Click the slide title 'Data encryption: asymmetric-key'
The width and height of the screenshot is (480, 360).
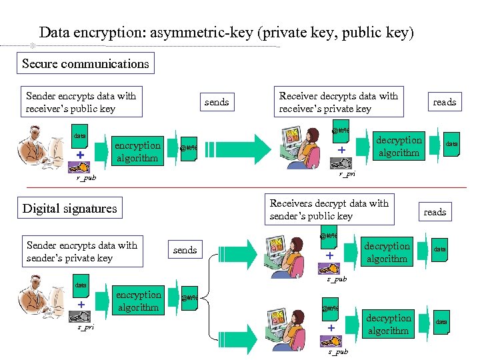[227, 32]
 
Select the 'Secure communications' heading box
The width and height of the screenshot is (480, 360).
[85, 63]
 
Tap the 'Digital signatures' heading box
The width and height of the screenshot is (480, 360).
[70, 208]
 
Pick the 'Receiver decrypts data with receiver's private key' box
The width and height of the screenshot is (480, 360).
[339, 102]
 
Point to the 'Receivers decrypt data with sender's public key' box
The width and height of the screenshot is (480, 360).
[329, 209]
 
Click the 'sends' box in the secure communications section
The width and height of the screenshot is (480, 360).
[217, 102]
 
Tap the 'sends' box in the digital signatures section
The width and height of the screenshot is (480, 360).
[185, 250]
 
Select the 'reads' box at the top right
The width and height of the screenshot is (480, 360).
[445, 102]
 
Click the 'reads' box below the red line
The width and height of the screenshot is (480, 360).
[435, 212]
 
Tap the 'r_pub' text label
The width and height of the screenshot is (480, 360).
[86, 179]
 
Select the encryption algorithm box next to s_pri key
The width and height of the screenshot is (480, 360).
[138, 301]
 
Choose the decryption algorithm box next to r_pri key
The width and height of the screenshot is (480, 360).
[399, 147]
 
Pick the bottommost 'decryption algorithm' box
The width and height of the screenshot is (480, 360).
[389, 325]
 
